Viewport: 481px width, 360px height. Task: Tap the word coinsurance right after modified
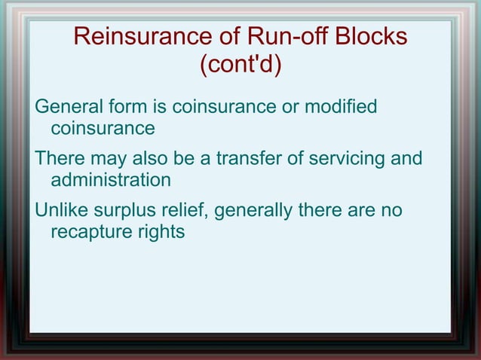point(103,128)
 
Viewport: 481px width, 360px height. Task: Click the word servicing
point(344,160)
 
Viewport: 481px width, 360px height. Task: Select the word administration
point(110,181)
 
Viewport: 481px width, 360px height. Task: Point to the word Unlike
point(63,211)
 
